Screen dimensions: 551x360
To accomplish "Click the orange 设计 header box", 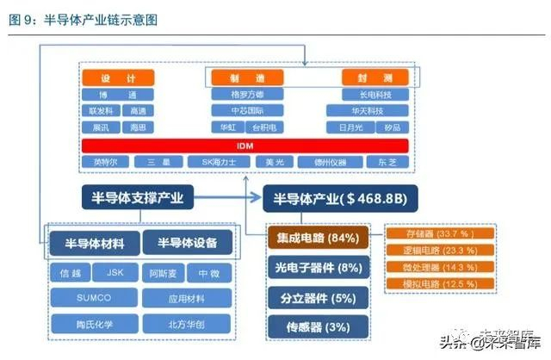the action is tap(117, 78).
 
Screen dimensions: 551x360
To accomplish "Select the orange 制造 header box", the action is tap(248, 78).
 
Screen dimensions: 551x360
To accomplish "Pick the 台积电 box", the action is tap(266, 127).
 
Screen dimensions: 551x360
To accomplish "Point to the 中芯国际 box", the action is tap(248, 111).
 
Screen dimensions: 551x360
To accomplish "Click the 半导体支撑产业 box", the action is tap(139, 197).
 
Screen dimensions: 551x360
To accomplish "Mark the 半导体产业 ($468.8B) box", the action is tap(339, 197).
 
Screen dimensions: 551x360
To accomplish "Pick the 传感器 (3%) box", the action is tap(318, 326).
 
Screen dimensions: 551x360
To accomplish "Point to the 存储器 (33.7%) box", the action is tap(441, 233).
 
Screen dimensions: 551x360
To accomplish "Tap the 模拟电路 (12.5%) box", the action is tap(441, 282).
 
